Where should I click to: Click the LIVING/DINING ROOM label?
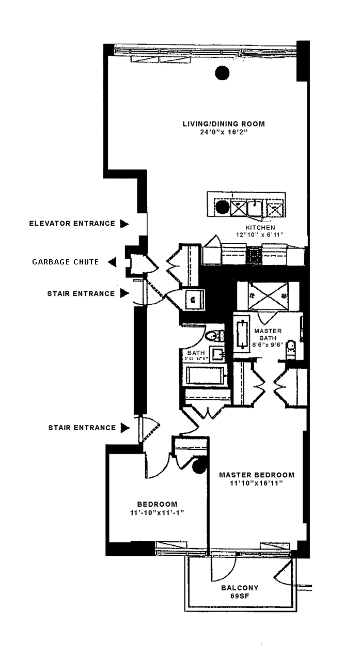[224, 124]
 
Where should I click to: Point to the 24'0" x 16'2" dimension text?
[224, 132]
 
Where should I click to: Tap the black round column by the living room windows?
[222, 74]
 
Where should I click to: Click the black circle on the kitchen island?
[222, 208]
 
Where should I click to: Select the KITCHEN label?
[260, 227]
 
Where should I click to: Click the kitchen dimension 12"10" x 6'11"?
[260, 235]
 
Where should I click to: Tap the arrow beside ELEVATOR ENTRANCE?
[124, 224]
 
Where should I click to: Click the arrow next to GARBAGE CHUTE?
[111, 262]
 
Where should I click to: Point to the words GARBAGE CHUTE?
[66, 262]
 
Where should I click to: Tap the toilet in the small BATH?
[214, 336]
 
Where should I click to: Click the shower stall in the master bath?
[268, 296]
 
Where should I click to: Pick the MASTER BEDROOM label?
[257, 475]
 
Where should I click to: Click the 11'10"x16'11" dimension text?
[257, 483]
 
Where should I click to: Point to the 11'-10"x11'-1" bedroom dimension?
[157, 512]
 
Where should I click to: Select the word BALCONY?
[240, 588]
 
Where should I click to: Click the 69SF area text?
[240, 596]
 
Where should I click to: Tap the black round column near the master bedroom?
[198, 466]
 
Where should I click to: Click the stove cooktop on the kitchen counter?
[254, 254]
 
